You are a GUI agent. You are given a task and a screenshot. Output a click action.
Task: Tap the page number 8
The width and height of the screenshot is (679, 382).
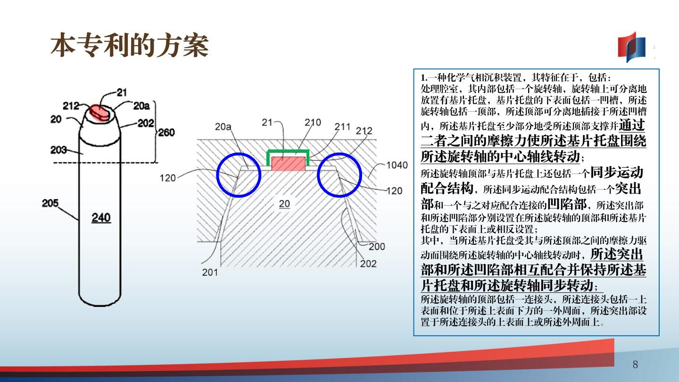635,364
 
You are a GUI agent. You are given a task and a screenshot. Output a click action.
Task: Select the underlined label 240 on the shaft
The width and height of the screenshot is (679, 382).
101,217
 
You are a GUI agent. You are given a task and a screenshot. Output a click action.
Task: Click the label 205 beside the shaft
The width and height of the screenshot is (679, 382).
50,203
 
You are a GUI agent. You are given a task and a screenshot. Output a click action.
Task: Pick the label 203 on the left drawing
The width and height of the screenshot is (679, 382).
58,149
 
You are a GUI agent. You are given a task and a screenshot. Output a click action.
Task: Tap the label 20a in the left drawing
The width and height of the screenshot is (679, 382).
141,106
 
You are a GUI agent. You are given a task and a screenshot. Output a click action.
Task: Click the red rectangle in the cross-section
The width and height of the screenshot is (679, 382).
288,164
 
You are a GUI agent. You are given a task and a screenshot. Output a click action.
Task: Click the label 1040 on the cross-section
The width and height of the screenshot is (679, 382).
397,165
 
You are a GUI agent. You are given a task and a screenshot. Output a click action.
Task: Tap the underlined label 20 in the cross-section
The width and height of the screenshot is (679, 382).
284,204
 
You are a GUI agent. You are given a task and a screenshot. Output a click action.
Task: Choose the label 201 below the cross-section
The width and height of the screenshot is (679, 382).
210,272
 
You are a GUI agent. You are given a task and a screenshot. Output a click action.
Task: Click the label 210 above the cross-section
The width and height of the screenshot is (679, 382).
313,123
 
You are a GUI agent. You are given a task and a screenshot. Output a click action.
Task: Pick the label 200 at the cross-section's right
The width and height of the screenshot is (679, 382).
377,247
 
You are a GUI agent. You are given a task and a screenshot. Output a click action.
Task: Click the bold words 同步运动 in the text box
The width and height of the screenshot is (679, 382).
617,172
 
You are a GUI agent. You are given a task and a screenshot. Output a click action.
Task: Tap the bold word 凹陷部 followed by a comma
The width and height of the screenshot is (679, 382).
567,204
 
